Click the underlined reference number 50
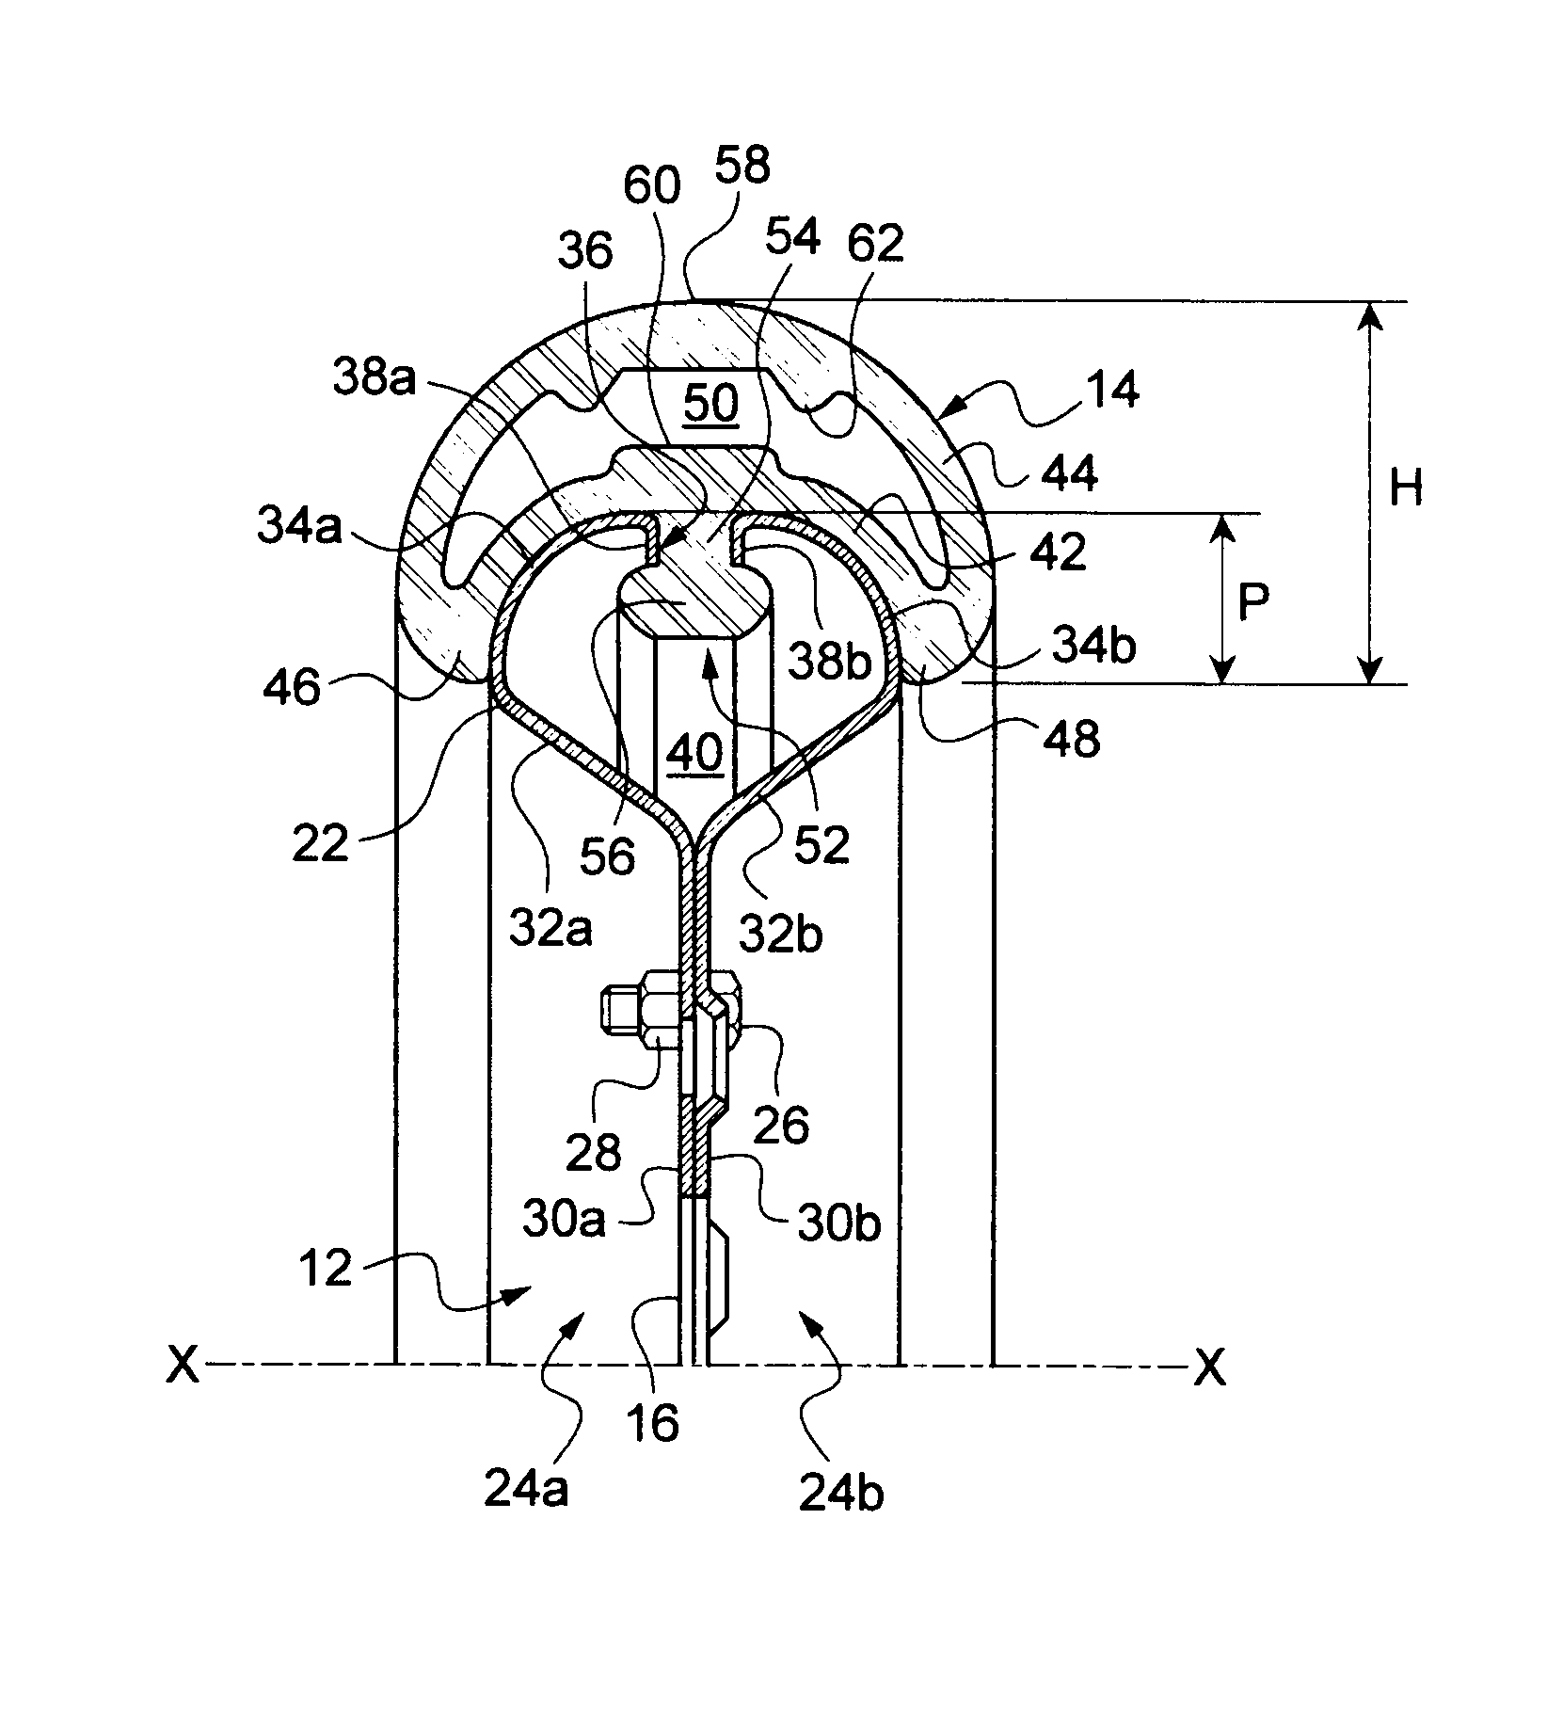[x=711, y=405]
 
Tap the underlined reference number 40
[x=696, y=752]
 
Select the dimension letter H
[x=1406, y=490]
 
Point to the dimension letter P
[x=1252, y=601]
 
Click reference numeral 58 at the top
[x=742, y=167]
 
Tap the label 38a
[x=374, y=381]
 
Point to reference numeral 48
[x=1072, y=740]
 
